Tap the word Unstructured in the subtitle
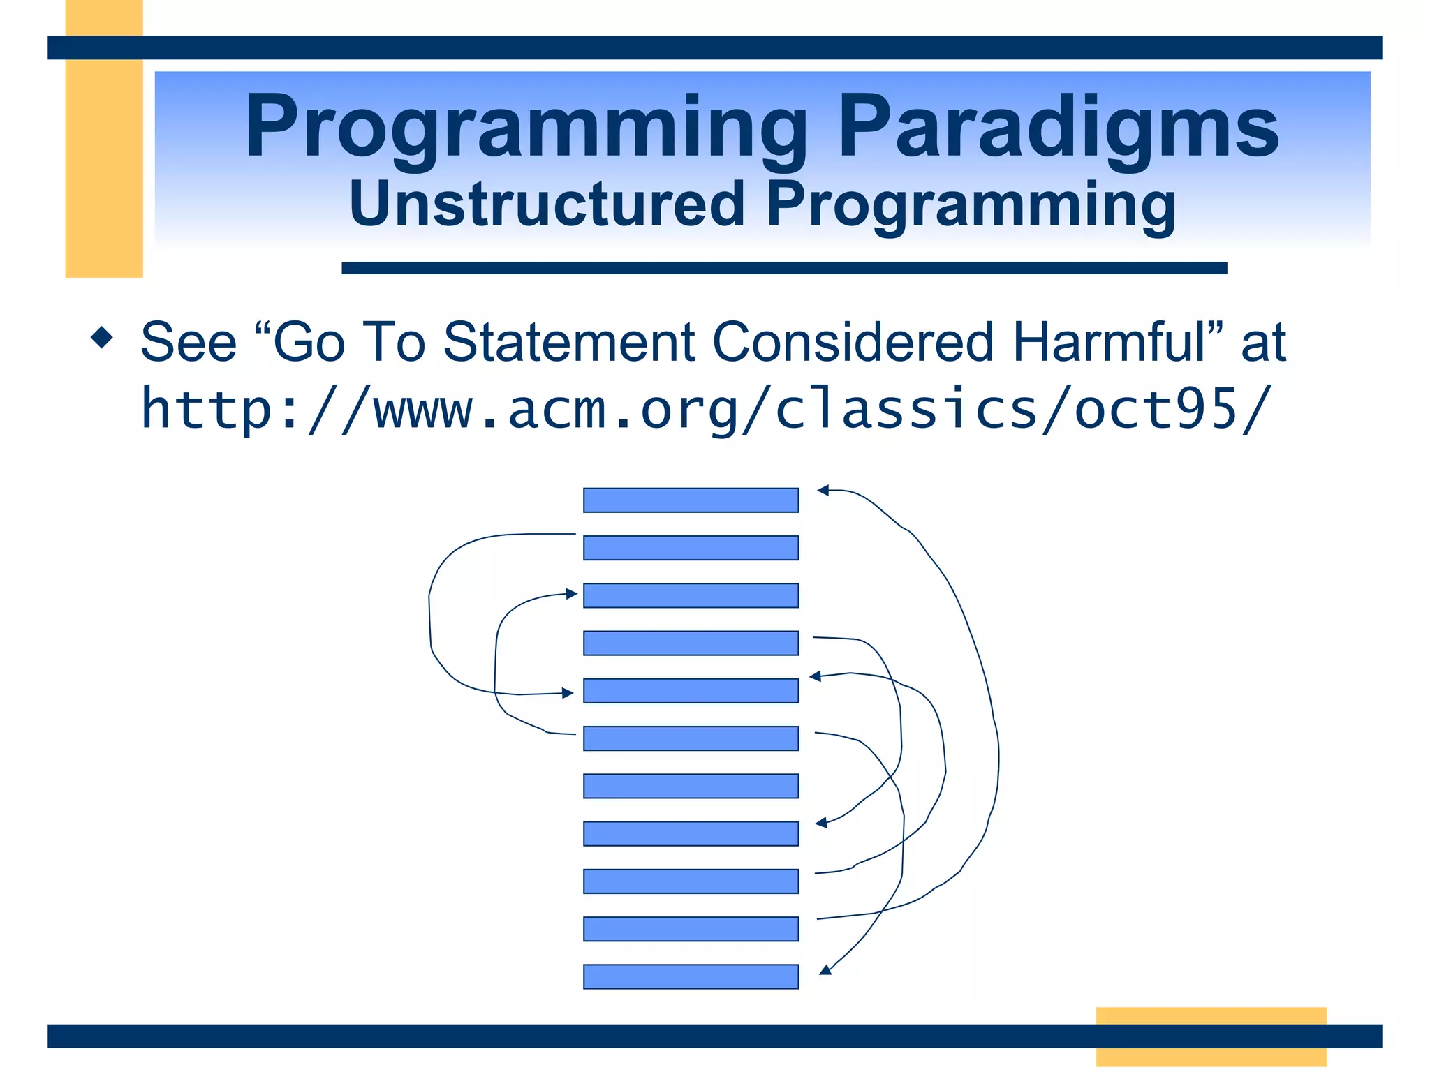click(546, 204)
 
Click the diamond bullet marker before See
click(102, 338)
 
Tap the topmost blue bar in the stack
click(691, 500)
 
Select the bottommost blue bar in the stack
click(691, 976)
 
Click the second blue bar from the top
click(691, 548)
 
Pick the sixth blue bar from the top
click(691, 738)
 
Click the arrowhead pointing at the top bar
click(823, 491)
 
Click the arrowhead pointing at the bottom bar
click(825, 969)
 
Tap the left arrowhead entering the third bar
click(572, 594)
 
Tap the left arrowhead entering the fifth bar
click(568, 693)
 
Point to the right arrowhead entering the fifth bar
click(815, 676)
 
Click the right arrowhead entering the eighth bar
click(822, 824)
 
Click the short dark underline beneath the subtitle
click(783, 268)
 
